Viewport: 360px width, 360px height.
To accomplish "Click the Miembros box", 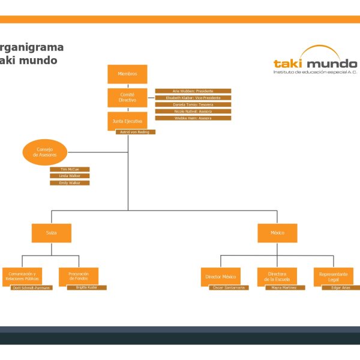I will (127, 74).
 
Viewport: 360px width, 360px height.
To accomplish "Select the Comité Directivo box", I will (127, 97).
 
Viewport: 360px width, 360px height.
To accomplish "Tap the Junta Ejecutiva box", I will (127, 121).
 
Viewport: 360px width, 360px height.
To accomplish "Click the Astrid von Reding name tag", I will (136, 132).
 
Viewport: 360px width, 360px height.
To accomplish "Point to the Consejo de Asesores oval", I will (44, 152).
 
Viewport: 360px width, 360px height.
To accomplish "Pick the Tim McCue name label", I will (70, 170).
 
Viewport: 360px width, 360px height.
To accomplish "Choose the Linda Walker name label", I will (70, 176).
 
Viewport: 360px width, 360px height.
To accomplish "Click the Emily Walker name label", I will (70, 182).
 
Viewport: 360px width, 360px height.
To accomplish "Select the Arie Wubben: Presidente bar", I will (193, 91).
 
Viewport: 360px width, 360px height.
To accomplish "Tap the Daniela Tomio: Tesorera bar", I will (193, 104).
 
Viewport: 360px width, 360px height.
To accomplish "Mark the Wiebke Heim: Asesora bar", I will (193, 118).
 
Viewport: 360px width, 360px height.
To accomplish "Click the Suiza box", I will (52, 233).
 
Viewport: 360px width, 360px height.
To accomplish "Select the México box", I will (277, 233).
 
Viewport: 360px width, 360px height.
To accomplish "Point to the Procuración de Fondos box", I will (79, 277).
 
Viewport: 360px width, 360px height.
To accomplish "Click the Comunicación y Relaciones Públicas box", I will (22, 277).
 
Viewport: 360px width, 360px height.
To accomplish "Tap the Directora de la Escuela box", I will (277, 277).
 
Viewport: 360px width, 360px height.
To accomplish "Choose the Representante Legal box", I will (333, 277).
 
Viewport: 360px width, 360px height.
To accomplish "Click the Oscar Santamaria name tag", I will (229, 288).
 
